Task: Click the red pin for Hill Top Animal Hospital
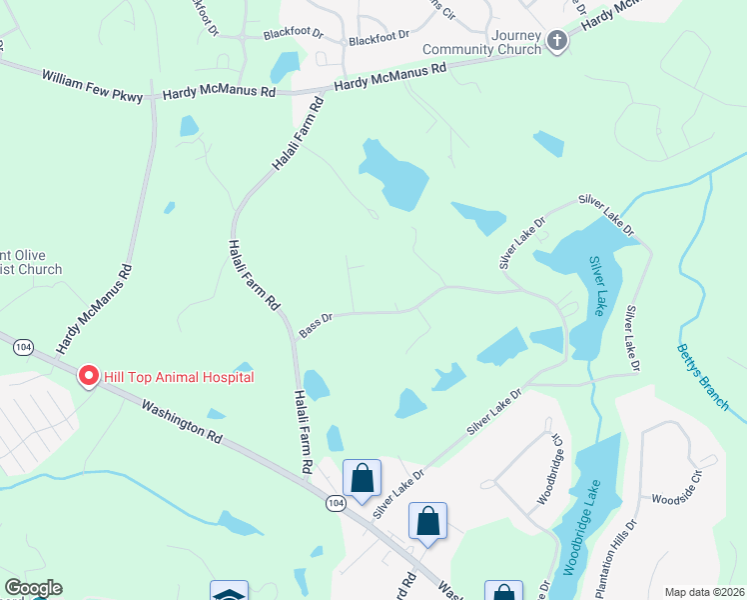pos(88,376)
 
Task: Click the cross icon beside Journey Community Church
pos(557,41)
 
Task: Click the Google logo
pos(33,588)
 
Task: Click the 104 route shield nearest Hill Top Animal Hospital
pos(23,345)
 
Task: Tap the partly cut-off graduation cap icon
pos(229,592)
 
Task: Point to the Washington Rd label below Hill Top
pos(181,421)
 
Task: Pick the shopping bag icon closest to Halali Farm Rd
pos(362,478)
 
